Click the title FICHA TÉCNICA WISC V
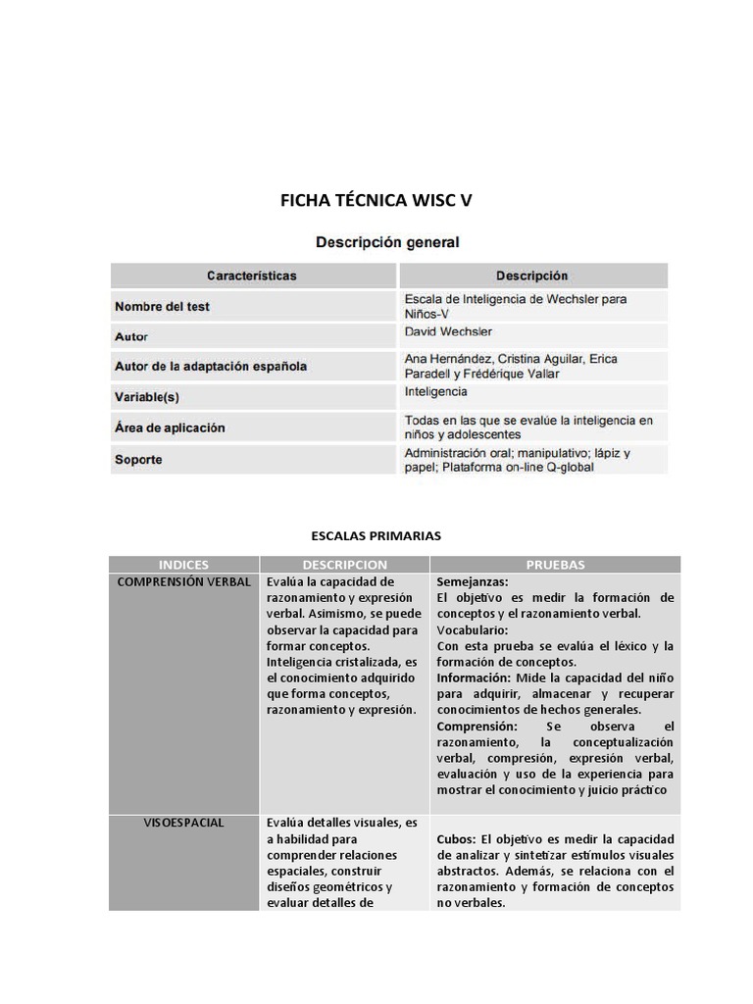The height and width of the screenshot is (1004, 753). (x=376, y=201)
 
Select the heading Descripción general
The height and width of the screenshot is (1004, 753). (x=386, y=241)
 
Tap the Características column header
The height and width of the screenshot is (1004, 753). (x=252, y=276)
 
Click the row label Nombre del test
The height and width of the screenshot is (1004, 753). (x=162, y=306)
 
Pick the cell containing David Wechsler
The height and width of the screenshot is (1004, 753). (x=448, y=332)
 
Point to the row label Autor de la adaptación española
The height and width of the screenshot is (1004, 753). (x=210, y=366)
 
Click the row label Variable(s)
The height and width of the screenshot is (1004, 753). (x=147, y=397)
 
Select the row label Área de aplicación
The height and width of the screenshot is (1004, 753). (x=170, y=427)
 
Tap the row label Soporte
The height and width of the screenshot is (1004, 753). (x=138, y=459)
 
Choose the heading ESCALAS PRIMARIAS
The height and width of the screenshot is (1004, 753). (x=376, y=535)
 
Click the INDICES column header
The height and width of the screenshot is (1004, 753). (x=183, y=565)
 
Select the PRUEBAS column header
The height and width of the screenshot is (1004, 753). (x=555, y=565)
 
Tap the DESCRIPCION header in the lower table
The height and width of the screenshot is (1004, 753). (x=344, y=565)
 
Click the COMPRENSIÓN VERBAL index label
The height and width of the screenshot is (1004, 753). (x=183, y=581)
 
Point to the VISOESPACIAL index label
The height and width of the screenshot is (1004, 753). (x=183, y=823)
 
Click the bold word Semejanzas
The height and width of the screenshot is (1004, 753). (x=472, y=581)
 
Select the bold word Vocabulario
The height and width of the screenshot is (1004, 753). (x=472, y=629)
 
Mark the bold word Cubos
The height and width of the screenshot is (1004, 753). (x=455, y=839)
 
